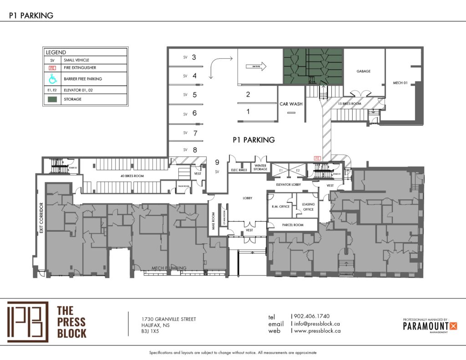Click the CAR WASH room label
click(291, 104)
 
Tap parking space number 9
click(218, 162)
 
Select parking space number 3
click(194, 57)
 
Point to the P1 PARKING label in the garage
click(253, 140)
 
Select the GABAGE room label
click(363, 71)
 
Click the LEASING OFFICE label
click(309, 207)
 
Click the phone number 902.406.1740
click(312, 316)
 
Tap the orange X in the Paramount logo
click(453, 325)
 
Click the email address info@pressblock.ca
click(317, 324)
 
